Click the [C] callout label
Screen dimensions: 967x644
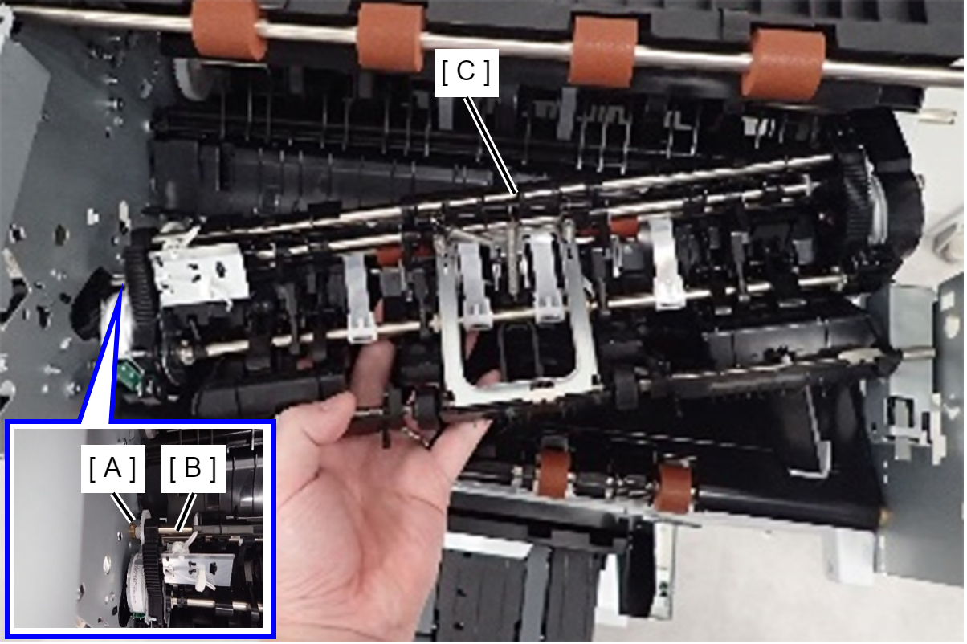click(466, 72)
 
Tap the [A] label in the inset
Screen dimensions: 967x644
click(112, 469)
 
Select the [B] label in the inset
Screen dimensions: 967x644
click(194, 469)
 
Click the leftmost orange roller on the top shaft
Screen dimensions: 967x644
click(227, 30)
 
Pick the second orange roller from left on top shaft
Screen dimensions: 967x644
click(390, 38)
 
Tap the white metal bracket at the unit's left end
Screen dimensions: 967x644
click(199, 275)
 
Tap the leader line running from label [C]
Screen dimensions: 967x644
click(491, 146)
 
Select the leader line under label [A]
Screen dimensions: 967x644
click(123, 507)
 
